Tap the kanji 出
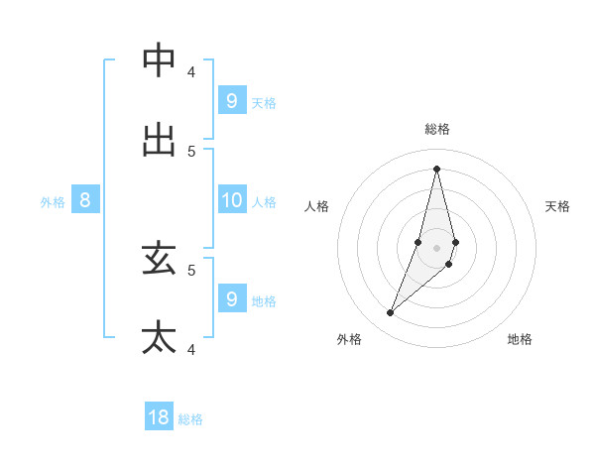pos(159,139)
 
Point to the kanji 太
pos(159,337)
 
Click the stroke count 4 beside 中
pos(191,71)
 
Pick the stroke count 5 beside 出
pos(191,151)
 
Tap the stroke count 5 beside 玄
pos(191,269)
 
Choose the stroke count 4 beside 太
pos(191,349)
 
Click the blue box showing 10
pos(232,200)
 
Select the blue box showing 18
pos(159,417)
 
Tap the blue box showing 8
pos(85,200)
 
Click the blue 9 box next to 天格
pos(232,100)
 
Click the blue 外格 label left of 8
pos(53,201)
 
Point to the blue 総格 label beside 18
pos(190,419)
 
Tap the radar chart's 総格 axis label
pos(437,129)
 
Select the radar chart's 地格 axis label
pos(520,339)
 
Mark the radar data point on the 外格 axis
pos(391,313)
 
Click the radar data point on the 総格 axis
pos(437,168)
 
